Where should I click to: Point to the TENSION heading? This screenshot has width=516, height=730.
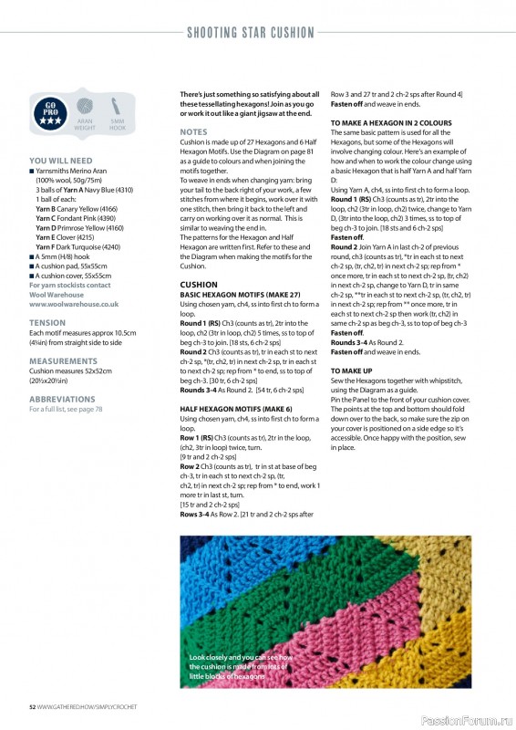click(x=47, y=322)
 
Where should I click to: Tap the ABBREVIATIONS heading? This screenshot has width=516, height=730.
click(x=63, y=399)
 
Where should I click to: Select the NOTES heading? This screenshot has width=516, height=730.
click(x=194, y=132)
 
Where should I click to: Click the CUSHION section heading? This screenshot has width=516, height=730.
click(x=199, y=285)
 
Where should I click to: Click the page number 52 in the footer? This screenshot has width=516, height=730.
click(x=32, y=707)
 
